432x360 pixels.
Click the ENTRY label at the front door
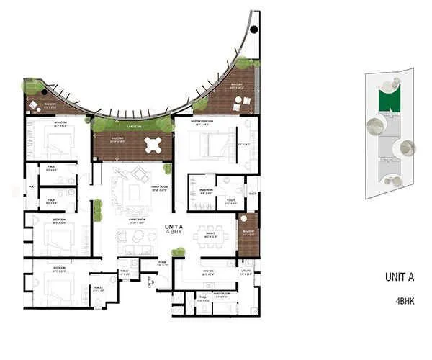pos(150,284)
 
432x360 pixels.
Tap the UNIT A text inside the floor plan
pos(174,226)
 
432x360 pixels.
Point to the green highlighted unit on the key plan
pos(388,99)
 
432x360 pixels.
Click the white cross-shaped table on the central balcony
pos(155,144)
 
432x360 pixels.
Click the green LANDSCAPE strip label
pos(131,125)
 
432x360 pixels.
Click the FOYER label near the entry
pos(163,264)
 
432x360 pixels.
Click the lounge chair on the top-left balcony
pos(33,107)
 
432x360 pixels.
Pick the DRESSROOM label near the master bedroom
pos(206,190)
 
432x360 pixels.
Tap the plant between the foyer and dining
pos(177,252)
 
